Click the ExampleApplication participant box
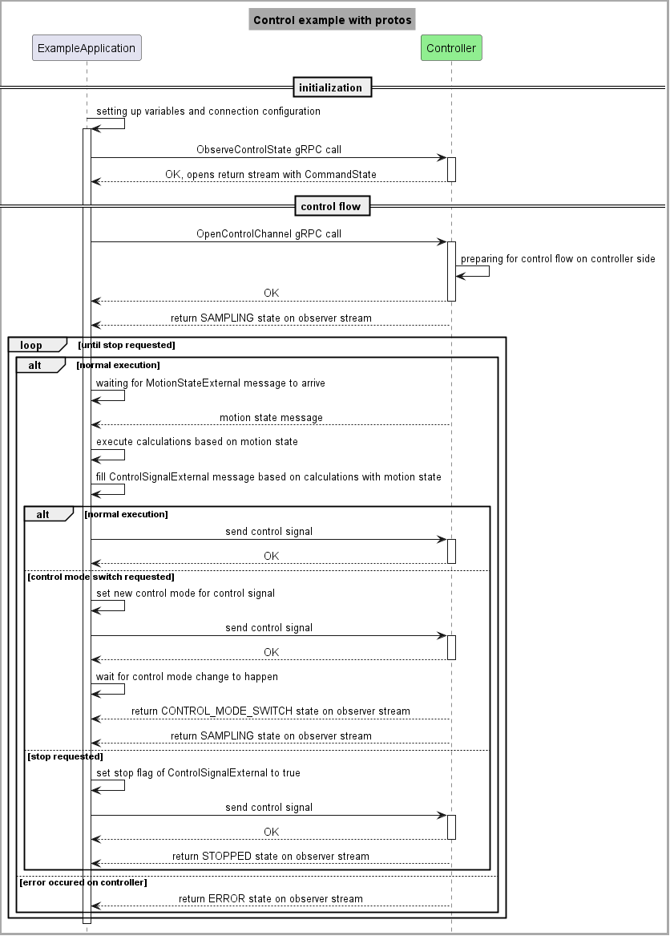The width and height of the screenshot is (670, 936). click(87, 48)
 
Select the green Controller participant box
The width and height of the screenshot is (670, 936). click(451, 48)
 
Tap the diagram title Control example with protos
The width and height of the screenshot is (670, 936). click(332, 20)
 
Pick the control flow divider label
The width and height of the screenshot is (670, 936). click(330, 207)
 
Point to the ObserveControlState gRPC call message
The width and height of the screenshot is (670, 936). click(268, 150)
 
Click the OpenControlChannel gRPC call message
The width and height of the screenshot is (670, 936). click(268, 234)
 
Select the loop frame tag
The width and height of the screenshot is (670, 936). click(32, 346)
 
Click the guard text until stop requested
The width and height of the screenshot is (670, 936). click(127, 346)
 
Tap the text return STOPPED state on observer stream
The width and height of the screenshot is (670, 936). click(271, 857)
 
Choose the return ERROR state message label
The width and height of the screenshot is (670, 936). click(271, 899)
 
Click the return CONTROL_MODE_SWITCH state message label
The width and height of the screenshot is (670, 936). click(271, 711)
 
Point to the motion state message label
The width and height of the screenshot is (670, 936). click(271, 418)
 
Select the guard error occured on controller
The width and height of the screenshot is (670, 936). click(83, 882)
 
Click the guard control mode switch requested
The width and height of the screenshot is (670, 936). click(100, 577)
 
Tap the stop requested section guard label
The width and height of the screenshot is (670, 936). click(65, 756)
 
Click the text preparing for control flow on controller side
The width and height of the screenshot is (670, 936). click(558, 259)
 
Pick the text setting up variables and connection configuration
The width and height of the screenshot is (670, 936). click(208, 111)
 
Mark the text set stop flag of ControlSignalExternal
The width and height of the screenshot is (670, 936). click(198, 773)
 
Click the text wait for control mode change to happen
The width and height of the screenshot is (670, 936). click(187, 677)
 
